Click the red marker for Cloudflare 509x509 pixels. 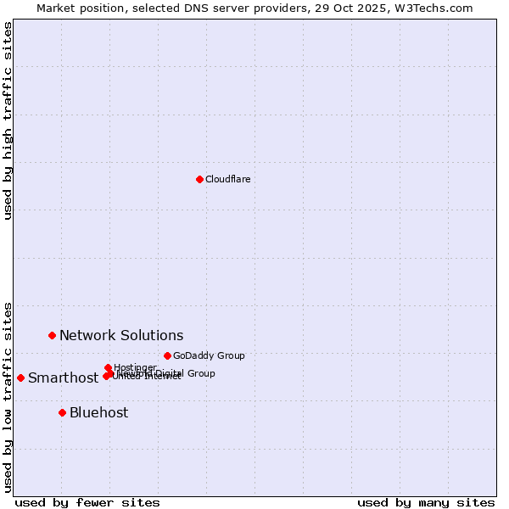pyautogui.click(x=199, y=179)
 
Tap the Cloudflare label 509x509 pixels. pyautogui.click(x=227, y=179)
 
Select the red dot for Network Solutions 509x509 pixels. pyautogui.click(x=52, y=335)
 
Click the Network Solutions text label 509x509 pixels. pyautogui.click(x=121, y=336)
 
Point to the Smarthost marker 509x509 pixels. pyautogui.click(x=20, y=378)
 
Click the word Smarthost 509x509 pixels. pyautogui.click(x=63, y=378)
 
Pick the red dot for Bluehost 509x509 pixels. pyautogui.click(x=62, y=412)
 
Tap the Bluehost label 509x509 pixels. pyautogui.click(x=98, y=413)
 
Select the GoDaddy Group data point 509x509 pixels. pyautogui.click(x=167, y=355)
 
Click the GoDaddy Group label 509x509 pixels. pyautogui.click(x=208, y=355)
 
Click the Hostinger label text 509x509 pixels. pyautogui.click(x=135, y=367)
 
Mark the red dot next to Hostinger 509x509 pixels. pyautogui.click(x=108, y=367)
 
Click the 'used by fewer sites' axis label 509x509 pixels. pyautogui.click(x=87, y=502)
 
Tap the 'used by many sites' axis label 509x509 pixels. pyautogui.click(x=426, y=502)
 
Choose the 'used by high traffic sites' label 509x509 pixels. pyautogui.click(x=8, y=121)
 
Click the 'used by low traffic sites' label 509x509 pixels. pyautogui.click(x=8, y=396)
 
